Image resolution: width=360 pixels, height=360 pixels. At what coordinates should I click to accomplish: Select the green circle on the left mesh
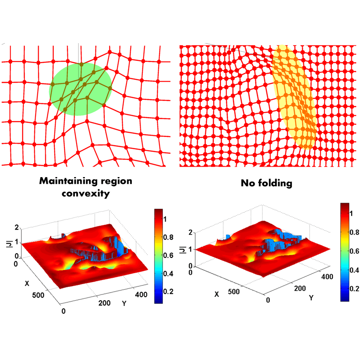[x=80, y=89]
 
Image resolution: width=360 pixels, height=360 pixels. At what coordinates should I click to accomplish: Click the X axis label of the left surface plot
[x=27, y=283]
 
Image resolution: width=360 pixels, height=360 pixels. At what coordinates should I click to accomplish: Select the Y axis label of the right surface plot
[x=311, y=298]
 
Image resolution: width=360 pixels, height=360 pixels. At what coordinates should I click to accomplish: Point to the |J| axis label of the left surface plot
[x=9, y=241]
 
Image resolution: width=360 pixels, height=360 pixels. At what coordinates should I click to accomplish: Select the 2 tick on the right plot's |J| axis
[x=191, y=232]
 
